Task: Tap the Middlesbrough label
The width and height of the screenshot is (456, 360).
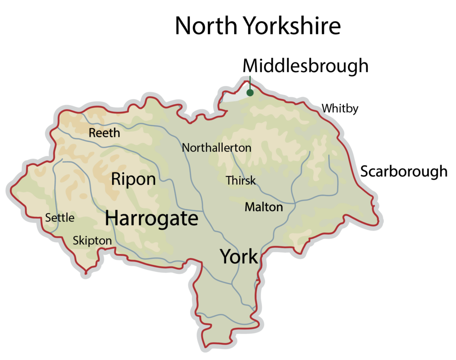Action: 305,66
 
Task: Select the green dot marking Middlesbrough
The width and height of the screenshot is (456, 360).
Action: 250,93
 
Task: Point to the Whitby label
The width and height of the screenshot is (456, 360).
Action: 340,109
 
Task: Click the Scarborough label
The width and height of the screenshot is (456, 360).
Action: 403,172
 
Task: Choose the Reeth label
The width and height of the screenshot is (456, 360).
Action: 104,133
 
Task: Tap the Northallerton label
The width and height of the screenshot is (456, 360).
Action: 216,148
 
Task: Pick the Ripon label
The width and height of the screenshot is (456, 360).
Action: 133,180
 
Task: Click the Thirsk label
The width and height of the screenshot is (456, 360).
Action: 240,180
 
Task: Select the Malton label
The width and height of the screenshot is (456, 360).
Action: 264,207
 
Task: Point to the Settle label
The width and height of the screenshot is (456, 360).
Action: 60,218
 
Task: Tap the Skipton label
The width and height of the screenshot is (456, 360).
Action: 92,241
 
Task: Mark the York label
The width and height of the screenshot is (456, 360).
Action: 239,257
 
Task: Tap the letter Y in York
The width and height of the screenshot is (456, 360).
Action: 226,257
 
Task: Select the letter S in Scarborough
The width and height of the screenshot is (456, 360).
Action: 365,172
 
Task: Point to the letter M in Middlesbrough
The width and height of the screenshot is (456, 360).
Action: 251,66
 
